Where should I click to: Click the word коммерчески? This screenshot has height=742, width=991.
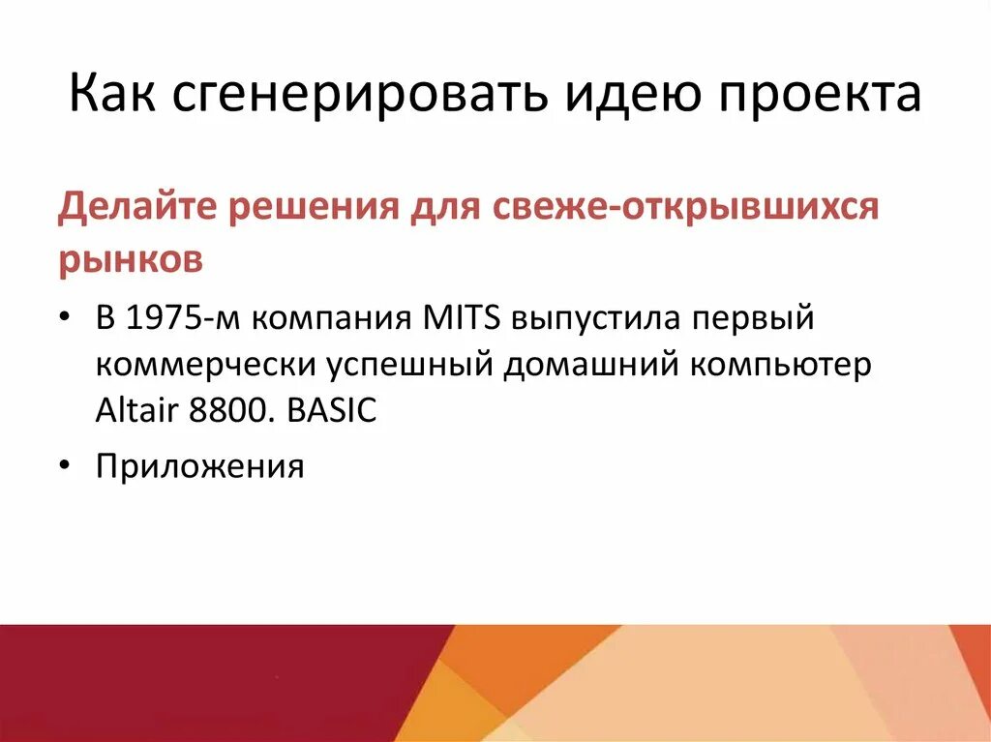(x=205, y=366)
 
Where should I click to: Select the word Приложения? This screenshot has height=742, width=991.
(x=199, y=467)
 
